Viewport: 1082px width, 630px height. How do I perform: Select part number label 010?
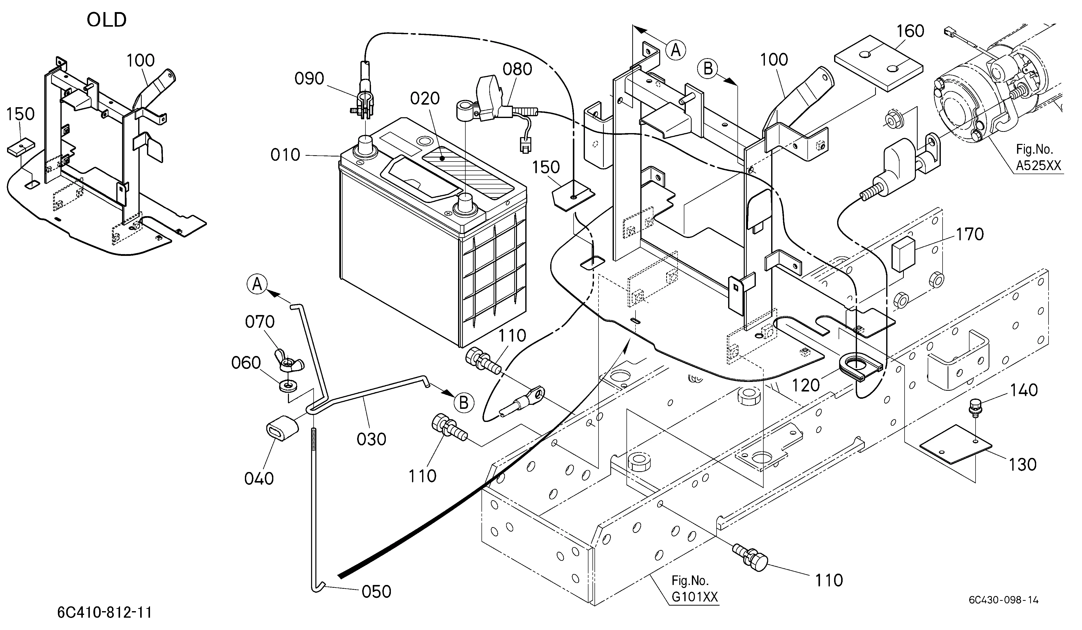point(285,155)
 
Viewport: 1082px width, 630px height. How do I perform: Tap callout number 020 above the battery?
point(425,99)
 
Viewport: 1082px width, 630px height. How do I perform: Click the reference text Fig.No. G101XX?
point(694,589)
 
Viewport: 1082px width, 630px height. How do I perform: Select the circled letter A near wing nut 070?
point(257,284)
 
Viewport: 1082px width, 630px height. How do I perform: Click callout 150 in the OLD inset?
point(21,114)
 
